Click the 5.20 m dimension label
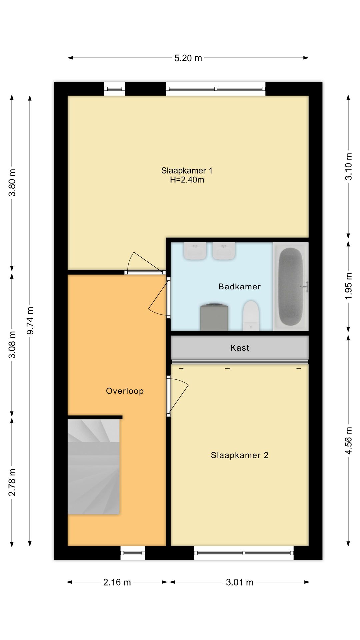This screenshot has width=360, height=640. [x=188, y=58]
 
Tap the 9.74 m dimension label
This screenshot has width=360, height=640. [x=30, y=320]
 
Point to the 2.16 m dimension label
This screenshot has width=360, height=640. [x=117, y=582]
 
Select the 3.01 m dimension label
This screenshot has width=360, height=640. [x=240, y=582]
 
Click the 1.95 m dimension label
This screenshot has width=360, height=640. [x=348, y=286]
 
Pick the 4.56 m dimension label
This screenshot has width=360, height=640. [x=348, y=440]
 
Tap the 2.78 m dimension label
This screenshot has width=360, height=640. [x=12, y=482]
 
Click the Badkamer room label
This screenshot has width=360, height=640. [x=239, y=287]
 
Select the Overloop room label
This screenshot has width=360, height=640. [x=125, y=391]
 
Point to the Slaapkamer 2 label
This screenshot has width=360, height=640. [x=239, y=455]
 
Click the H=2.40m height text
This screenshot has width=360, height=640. [x=187, y=180]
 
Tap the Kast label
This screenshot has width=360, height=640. [x=240, y=348]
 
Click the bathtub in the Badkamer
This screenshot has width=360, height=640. [x=291, y=287]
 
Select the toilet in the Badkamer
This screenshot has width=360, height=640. [x=251, y=316]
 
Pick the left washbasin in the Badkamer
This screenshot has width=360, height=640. [x=195, y=251]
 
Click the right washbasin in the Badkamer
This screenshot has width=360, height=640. [x=224, y=251]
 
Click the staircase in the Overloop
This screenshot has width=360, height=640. [x=94, y=467]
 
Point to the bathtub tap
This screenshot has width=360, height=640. [x=305, y=286]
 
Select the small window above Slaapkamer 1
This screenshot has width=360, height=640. [x=114, y=89]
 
